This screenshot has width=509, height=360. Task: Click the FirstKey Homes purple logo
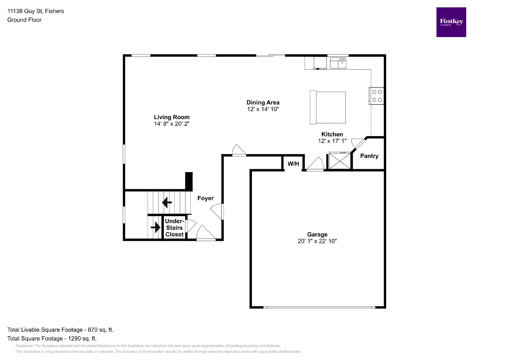451,22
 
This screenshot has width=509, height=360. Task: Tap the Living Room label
171,117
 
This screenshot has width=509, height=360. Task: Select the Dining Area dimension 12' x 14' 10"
263,109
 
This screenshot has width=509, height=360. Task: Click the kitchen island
328,107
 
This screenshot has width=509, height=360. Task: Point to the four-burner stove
377,96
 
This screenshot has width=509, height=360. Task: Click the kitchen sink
338,63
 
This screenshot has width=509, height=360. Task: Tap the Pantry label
369,156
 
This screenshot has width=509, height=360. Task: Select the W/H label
293,164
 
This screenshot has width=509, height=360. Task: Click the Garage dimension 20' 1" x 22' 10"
317,241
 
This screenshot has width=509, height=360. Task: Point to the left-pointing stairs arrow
167,202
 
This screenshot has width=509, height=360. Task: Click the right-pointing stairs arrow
155,227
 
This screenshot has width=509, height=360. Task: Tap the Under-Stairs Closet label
174,228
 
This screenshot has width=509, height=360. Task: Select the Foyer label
205,198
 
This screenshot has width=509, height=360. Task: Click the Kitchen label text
332,134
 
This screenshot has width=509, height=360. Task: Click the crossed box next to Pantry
339,161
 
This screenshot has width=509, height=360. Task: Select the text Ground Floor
24,20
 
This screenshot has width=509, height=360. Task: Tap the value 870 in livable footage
93,330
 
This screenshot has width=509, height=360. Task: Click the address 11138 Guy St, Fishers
36,11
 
